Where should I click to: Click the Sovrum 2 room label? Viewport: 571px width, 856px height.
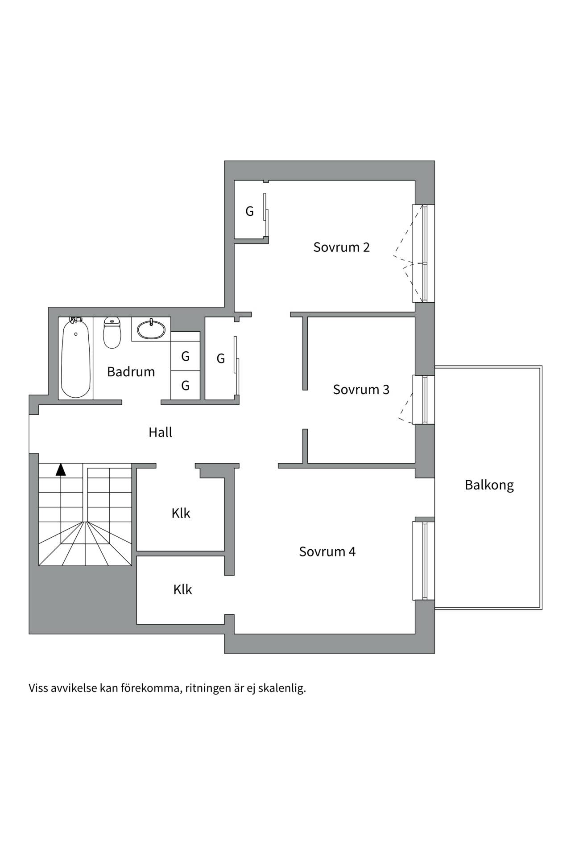click(x=341, y=247)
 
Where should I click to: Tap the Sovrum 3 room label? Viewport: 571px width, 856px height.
click(x=361, y=390)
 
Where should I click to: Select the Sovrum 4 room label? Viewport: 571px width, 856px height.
click(x=327, y=552)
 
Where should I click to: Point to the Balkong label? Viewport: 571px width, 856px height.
click(x=489, y=486)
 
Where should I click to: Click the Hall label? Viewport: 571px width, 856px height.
click(x=160, y=432)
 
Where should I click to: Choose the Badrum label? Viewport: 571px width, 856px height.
click(x=131, y=372)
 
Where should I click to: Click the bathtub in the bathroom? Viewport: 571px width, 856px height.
click(x=76, y=358)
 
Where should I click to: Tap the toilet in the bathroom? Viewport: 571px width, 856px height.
click(x=112, y=333)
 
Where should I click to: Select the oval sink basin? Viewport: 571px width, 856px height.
click(x=151, y=330)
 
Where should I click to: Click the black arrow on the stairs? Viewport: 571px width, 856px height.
click(x=61, y=469)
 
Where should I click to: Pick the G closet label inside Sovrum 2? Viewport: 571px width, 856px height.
click(x=249, y=211)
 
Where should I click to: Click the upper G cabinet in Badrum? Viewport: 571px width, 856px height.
click(x=185, y=356)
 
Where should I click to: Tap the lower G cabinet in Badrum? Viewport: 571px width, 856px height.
click(x=185, y=385)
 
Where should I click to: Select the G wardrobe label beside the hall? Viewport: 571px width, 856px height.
click(x=220, y=358)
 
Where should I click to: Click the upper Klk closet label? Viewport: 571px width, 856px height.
click(x=181, y=514)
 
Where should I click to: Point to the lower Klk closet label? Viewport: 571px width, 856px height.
click(x=182, y=590)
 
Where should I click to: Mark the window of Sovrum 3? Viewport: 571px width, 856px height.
click(x=424, y=400)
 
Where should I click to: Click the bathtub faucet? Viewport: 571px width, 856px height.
click(x=76, y=319)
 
